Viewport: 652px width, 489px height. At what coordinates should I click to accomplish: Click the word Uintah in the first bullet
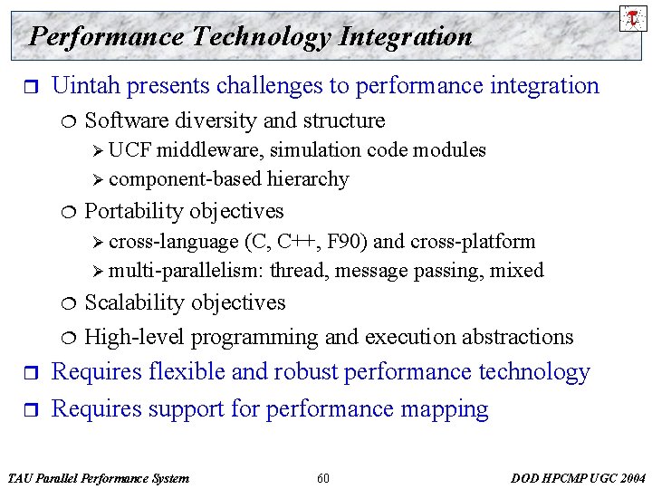point(87,86)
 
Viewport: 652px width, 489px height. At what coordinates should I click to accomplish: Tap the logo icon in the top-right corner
point(631,17)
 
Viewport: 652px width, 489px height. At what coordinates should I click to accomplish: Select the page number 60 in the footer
point(323,478)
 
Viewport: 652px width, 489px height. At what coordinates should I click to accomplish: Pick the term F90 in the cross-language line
point(347,242)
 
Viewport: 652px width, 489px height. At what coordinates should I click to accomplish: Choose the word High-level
point(134,337)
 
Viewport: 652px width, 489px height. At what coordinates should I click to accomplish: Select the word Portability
point(137,211)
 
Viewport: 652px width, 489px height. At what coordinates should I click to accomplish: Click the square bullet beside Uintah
point(24,87)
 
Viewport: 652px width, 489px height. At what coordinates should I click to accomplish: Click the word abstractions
point(517,337)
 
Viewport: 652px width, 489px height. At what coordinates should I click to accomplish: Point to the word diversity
point(203,120)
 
